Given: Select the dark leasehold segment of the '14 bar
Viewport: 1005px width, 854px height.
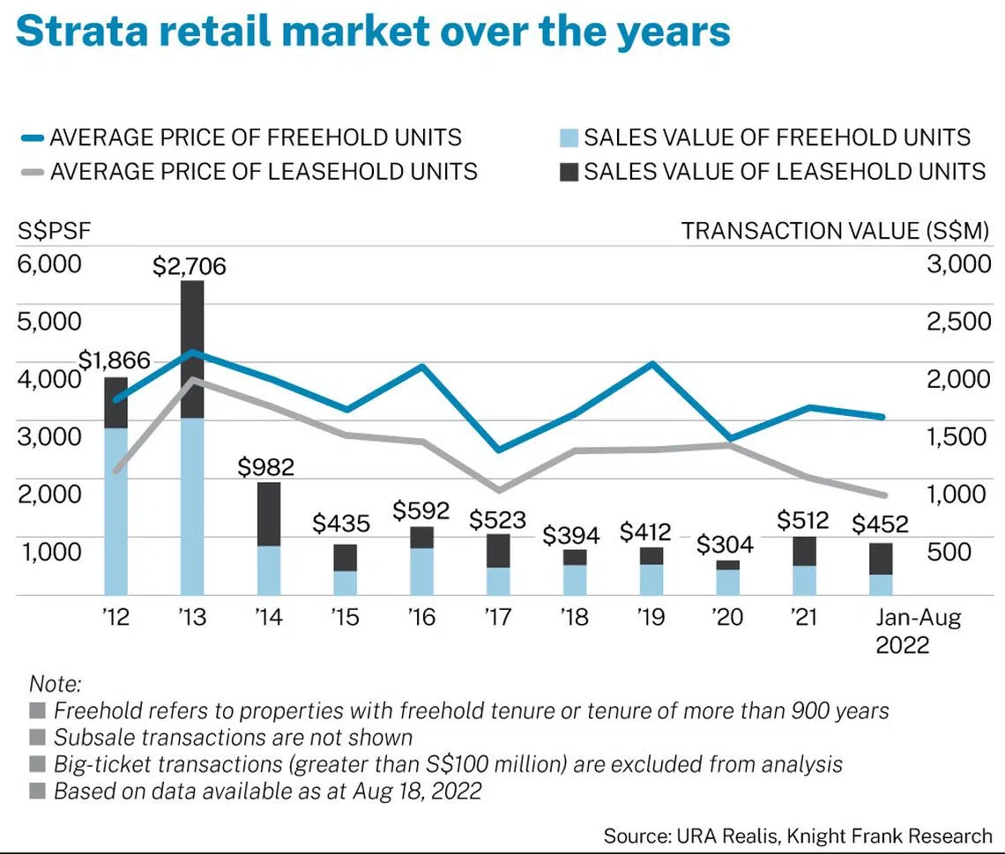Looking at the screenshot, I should (x=269, y=514).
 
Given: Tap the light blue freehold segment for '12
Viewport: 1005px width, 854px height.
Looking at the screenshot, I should (x=115, y=511).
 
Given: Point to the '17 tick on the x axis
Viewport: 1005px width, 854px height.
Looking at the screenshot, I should (x=498, y=617).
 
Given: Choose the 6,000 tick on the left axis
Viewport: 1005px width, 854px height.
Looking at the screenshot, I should (x=49, y=264).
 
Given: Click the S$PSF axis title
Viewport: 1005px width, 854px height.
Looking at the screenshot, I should (x=55, y=231).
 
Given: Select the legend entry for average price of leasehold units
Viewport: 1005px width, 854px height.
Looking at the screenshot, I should (x=263, y=171).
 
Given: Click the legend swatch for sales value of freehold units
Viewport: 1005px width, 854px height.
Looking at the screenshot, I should (x=569, y=138).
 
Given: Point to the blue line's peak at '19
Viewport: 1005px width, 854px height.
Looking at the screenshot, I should (x=651, y=363).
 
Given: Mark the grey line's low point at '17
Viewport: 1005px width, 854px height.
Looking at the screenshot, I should (x=498, y=490).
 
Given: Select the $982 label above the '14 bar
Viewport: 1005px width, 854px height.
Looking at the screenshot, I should (x=267, y=467).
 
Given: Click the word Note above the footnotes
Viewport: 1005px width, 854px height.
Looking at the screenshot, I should (x=55, y=683).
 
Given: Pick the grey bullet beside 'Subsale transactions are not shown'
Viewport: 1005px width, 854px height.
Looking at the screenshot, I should (x=37, y=738).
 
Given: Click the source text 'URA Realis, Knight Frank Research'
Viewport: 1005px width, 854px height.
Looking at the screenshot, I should (x=834, y=835).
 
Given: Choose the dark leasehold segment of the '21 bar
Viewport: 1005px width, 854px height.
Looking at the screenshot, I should (x=804, y=551).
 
